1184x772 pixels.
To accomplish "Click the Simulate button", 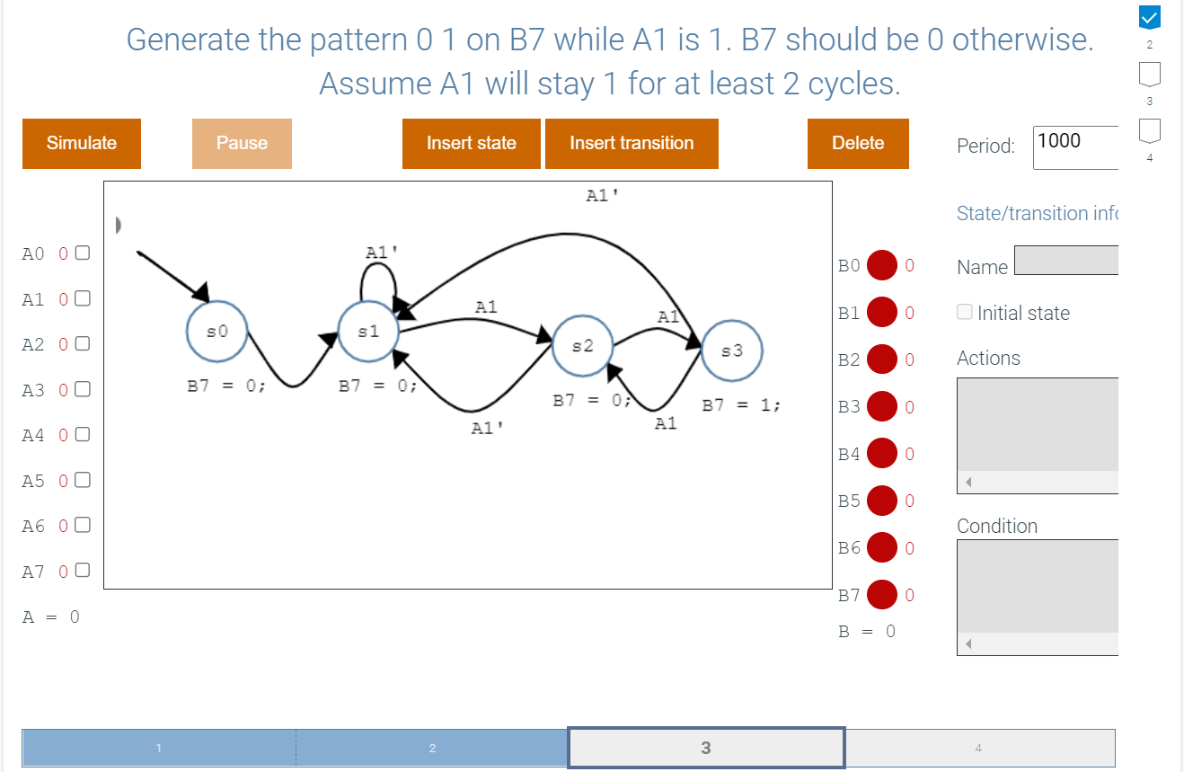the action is (x=82, y=143).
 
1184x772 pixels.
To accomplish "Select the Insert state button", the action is (x=471, y=143).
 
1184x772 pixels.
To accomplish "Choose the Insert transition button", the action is (x=632, y=143).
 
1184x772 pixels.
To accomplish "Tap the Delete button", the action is (x=858, y=143).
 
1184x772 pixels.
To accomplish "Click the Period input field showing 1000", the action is (x=1076, y=147).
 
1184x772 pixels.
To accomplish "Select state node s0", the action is (x=216, y=332).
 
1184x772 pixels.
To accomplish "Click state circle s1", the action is (x=368, y=332).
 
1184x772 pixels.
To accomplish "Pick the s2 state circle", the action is (x=582, y=346).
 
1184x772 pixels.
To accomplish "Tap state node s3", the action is (x=732, y=351).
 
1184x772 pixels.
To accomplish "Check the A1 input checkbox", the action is (x=83, y=298).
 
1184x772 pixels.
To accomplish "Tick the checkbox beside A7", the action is (x=83, y=571).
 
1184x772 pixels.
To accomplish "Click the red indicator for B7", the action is (x=881, y=595).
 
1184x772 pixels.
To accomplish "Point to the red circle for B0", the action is (x=881, y=265).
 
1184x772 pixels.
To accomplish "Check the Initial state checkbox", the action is (x=964, y=312).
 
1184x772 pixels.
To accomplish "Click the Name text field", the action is (x=1066, y=260).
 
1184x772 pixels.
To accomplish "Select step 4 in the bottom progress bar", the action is (x=979, y=748).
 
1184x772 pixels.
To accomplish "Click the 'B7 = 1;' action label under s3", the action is (x=741, y=405).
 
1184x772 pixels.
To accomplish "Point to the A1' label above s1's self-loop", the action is (x=382, y=253).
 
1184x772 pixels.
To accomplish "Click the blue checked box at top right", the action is (x=1150, y=18).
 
